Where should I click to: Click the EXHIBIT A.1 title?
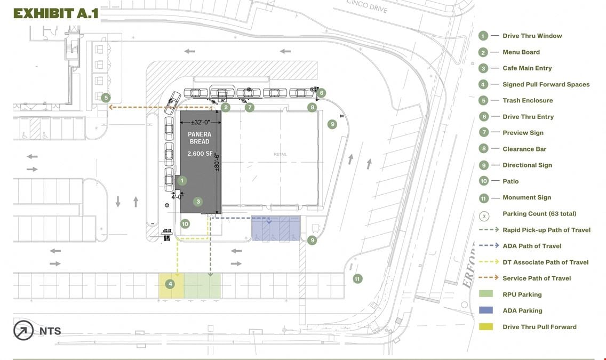pyautogui.click(x=56, y=13)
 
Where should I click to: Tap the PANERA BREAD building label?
pyautogui.click(x=200, y=138)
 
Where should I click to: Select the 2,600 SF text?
pyautogui.click(x=200, y=154)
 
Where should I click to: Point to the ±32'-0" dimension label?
pyautogui.click(x=201, y=122)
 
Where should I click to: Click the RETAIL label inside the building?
pyautogui.click(x=280, y=154)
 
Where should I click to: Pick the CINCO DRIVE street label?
pyautogui.click(x=367, y=6)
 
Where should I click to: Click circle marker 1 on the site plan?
pyautogui.click(x=182, y=180)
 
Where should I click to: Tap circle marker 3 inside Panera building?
pyautogui.click(x=198, y=201)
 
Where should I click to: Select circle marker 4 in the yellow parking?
pyautogui.click(x=170, y=284)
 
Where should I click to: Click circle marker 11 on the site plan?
pyautogui.click(x=357, y=278)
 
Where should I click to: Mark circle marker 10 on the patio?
pyautogui.click(x=185, y=223)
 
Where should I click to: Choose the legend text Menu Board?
pyautogui.click(x=521, y=52)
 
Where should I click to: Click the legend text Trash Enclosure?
pyautogui.click(x=528, y=100)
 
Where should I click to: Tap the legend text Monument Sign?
pyautogui.click(x=527, y=197)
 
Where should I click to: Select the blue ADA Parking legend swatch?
pyautogui.click(x=486, y=310)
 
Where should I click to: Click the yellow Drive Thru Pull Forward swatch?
pyautogui.click(x=486, y=327)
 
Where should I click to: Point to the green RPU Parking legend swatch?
pyautogui.click(x=486, y=294)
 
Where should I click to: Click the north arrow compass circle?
pyautogui.click(x=23, y=330)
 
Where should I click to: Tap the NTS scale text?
pyautogui.click(x=50, y=331)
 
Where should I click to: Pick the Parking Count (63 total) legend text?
pyautogui.click(x=539, y=214)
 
